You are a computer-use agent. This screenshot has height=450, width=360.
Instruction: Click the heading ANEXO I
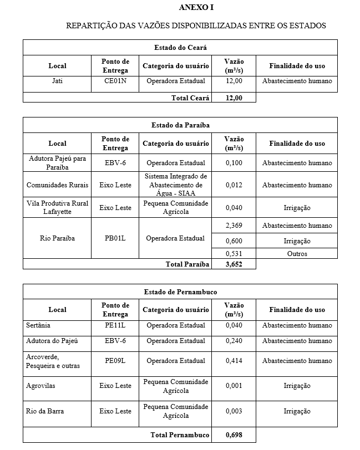[196, 7]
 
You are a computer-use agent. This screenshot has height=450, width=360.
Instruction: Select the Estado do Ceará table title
[180, 48]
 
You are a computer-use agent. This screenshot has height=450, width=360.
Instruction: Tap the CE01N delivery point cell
[115, 81]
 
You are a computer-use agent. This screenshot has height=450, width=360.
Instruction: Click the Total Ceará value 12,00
[234, 98]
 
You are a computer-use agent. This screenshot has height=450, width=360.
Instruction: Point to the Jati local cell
[57, 81]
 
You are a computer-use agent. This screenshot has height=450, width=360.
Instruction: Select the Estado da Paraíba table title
[180, 125]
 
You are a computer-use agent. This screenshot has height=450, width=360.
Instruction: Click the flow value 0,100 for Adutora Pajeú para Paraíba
[234, 163]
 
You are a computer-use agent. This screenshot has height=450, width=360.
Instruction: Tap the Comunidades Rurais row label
[57, 185]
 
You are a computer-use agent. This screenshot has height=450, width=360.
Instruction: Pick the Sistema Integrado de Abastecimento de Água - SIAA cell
[176, 185]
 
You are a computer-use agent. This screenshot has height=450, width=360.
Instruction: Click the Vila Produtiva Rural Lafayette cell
[57, 207]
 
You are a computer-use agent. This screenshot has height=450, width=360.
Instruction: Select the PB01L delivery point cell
[115, 238]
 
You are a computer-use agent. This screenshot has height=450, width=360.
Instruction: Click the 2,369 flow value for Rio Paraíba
[234, 226]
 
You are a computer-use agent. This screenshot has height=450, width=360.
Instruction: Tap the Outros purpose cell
[297, 254]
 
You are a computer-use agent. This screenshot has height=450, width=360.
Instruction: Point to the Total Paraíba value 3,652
[234, 264]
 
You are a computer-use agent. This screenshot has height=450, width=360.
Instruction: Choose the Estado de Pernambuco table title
[180, 292]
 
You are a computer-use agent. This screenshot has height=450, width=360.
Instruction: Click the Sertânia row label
[38, 325]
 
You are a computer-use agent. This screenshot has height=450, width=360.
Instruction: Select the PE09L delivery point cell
[115, 361]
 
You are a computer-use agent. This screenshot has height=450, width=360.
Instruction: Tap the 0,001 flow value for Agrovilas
[234, 386]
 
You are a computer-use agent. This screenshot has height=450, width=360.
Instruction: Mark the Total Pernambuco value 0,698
[234, 435]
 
